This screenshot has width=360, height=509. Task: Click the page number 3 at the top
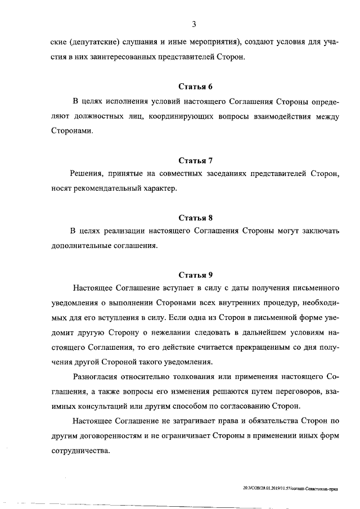click(193, 24)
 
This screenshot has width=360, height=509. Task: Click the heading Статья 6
click(195, 87)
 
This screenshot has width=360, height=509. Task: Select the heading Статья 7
click(195, 160)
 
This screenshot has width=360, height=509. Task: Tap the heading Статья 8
click(195, 217)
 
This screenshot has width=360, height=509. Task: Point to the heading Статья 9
click(195, 275)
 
